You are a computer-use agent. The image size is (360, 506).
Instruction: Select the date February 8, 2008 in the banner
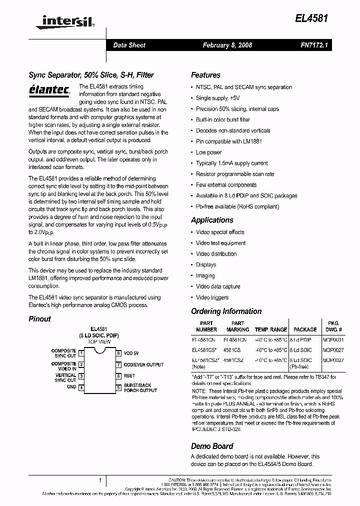tap(227, 45)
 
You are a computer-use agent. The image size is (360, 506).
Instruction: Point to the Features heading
tap(205, 75)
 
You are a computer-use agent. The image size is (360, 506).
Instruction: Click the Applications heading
tap(212, 220)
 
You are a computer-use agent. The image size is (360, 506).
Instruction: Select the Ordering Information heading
tap(226, 311)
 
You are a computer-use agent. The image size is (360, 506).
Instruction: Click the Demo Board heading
tap(212, 446)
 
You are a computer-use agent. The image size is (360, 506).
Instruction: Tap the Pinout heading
tap(39, 318)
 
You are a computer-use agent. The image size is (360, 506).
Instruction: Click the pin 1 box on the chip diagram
tap(81, 352)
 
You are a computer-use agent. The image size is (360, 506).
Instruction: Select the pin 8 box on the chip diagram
tap(118, 352)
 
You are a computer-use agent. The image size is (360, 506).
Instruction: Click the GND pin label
tap(71, 387)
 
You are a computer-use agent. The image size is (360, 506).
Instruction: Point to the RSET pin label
tap(129, 376)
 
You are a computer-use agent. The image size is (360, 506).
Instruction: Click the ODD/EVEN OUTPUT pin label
tap(143, 364)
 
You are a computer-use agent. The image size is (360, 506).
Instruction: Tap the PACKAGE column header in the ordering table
tap(305, 329)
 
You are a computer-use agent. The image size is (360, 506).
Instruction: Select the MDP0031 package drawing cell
tap(333, 339)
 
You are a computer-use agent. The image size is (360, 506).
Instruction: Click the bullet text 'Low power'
tap(209, 152)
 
